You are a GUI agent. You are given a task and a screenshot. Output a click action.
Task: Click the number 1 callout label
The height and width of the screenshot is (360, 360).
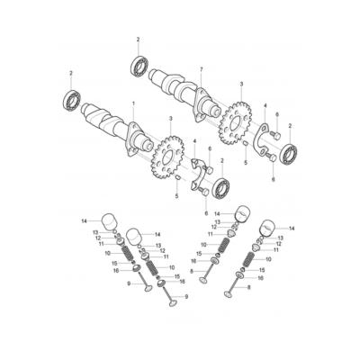[134, 105]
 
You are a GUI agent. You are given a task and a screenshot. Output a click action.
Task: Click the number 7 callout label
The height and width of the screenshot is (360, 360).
[201, 69]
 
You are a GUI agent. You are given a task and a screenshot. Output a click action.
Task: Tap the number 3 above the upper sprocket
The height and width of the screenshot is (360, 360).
[241, 84]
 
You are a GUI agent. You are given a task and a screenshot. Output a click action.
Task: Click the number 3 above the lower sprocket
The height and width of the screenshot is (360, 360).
[171, 118]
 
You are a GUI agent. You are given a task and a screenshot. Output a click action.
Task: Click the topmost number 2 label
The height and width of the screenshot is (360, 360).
[139, 40]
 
